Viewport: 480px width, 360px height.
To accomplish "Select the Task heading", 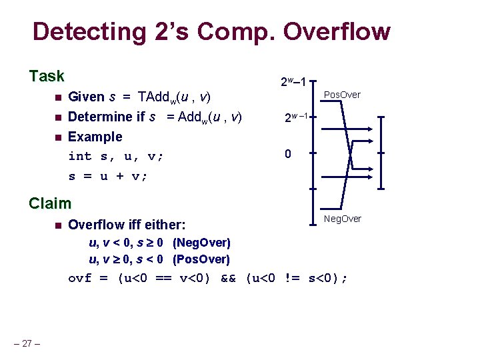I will coord(47,76).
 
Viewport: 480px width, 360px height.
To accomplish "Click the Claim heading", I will coord(50,203).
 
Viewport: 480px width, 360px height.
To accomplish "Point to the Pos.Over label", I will coord(342,95).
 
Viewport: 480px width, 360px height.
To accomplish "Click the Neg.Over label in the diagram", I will coord(342,219).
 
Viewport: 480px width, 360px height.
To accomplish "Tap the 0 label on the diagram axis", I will coord(287,154).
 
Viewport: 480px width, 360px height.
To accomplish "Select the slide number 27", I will coord(27,343).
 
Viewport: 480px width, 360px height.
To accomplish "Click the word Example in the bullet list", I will coord(95,137).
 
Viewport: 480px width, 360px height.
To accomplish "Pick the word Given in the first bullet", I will coord(87,97).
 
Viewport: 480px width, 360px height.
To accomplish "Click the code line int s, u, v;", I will coord(116,157).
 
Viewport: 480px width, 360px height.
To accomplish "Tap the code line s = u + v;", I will coord(108,177).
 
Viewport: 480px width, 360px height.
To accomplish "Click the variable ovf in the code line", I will coord(80,278).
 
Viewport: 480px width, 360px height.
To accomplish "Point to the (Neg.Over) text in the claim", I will coord(201,242).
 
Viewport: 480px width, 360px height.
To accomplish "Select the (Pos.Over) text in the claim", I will coord(201,259).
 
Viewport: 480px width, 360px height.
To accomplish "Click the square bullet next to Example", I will coord(57,137).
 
